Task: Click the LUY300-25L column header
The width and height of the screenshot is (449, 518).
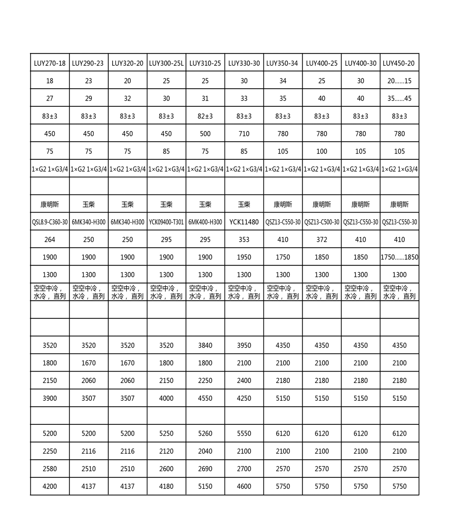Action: (x=166, y=63)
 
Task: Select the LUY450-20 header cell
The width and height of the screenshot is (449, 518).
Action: (x=399, y=63)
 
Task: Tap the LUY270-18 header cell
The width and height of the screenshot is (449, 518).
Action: (x=50, y=63)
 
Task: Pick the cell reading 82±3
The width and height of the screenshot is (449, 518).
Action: (x=205, y=116)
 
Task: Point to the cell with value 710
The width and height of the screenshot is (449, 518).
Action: (x=244, y=134)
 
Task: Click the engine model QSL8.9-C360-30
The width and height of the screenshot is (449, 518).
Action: (x=50, y=222)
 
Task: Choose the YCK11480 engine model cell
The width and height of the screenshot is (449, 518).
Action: (x=244, y=222)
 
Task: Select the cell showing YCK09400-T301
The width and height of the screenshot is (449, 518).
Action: (x=166, y=222)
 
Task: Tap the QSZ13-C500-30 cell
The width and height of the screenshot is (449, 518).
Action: (x=322, y=222)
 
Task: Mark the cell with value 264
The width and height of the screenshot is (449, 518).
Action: (x=50, y=240)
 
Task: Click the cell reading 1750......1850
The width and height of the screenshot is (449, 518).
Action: (x=399, y=257)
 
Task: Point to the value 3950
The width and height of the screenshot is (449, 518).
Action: (x=244, y=346)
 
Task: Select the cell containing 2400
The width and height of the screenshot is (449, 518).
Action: (x=244, y=381)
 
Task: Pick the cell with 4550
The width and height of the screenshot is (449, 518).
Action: (x=205, y=398)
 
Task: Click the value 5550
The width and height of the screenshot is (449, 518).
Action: (x=244, y=433)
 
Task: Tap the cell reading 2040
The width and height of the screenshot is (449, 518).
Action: (x=205, y=451)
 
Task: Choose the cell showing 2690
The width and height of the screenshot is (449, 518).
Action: (x=205, y=469)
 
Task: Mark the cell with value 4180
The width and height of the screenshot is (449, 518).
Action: (x=166, y=487)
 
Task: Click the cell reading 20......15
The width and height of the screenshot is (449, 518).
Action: (x=399, y=81)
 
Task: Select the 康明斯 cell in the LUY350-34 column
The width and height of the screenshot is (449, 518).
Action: (x=283, y=204)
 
